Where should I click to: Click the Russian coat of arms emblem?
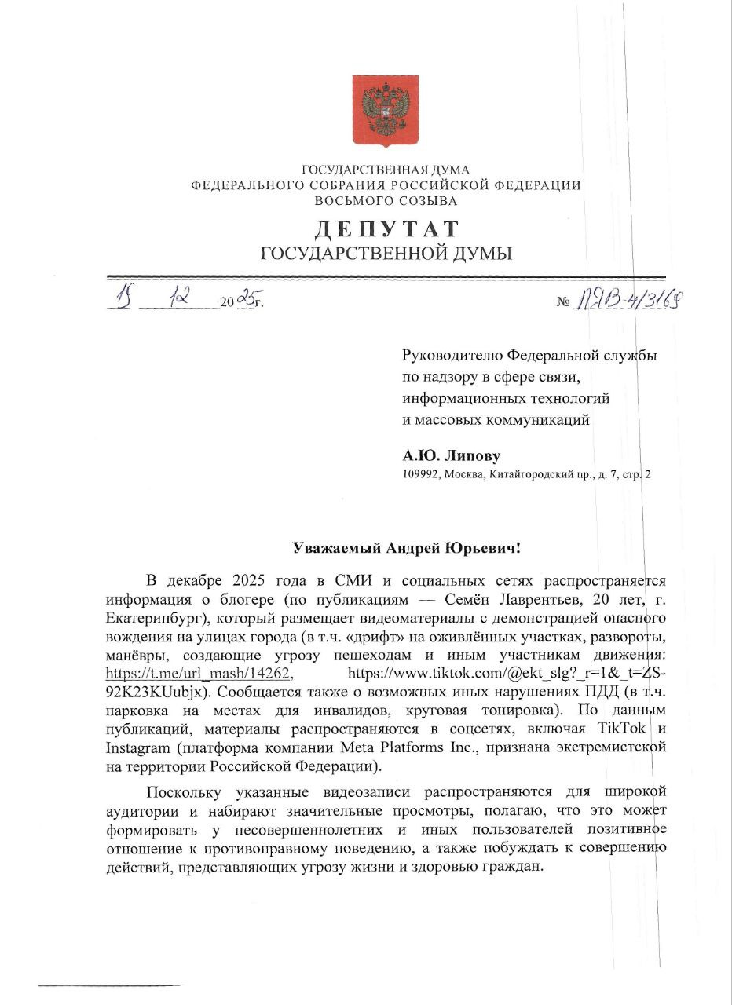tap(385, 111)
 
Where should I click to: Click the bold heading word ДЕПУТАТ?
tap(386, 229)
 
